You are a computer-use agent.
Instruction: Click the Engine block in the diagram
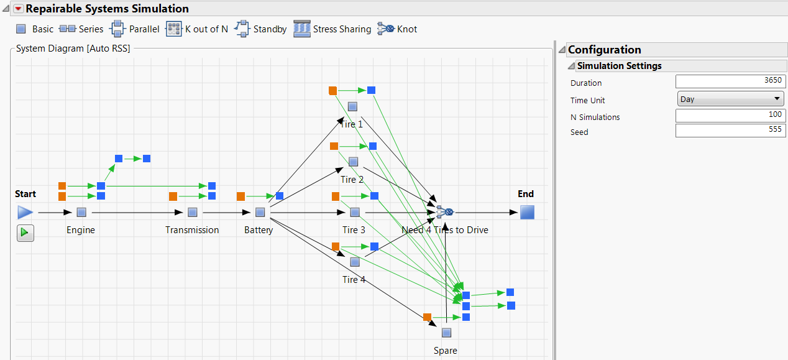click(81, 213)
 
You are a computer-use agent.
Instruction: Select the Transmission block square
click(192, 213)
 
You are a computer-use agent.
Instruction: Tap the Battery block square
click(260, 213)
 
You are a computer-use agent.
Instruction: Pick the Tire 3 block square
click(354, 213)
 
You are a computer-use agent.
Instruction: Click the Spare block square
click(446, 333)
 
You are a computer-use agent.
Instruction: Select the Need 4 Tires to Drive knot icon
click(445, 213)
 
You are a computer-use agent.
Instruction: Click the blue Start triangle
click(25, 213)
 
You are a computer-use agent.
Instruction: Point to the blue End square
click(527, 213)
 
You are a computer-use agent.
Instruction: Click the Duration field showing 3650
click(730, 81)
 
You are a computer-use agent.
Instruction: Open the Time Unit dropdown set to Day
click(730, 99)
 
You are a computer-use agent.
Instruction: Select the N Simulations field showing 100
click(730, 116)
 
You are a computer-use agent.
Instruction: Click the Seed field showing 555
click(730, 131)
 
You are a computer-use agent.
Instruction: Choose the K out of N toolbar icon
click(173, 29)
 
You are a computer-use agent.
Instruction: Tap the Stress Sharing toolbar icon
click(302, 29)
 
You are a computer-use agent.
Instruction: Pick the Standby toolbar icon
click(242, 29)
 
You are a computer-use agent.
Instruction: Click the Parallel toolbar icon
click(117, 29)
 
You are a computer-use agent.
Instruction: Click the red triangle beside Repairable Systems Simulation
click(18, 9)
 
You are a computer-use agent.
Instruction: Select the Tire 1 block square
click(352, 107)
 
